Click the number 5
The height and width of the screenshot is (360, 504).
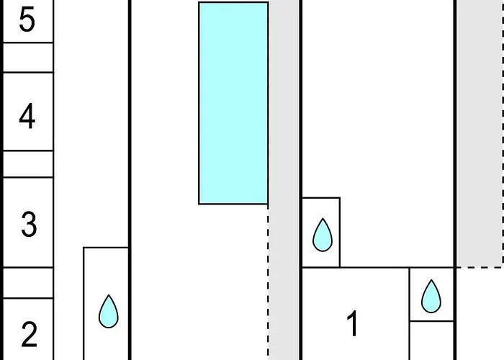27,20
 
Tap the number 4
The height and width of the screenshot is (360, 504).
27,116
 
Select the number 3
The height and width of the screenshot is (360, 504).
29,224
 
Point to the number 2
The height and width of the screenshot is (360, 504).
29,335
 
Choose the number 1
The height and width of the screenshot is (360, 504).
353,323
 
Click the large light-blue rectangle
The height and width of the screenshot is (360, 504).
233,103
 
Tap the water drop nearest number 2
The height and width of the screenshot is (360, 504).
109,312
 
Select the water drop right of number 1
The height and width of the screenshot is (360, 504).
431,297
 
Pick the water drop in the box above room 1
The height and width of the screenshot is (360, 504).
323,235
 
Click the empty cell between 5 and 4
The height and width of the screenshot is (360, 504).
28,58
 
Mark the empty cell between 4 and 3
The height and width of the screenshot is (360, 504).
28,164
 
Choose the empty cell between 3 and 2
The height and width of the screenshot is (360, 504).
28,283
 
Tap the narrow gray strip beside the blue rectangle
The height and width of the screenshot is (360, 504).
284,180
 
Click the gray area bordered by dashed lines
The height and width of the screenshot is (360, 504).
480,133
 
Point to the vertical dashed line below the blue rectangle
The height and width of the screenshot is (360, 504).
268,282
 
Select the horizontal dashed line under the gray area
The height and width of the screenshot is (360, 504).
480,267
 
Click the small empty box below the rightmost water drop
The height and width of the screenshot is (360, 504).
432,341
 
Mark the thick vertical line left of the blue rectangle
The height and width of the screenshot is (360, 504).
130,180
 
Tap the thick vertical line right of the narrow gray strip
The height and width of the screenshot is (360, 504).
301,180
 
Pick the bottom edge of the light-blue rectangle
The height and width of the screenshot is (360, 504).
233,204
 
